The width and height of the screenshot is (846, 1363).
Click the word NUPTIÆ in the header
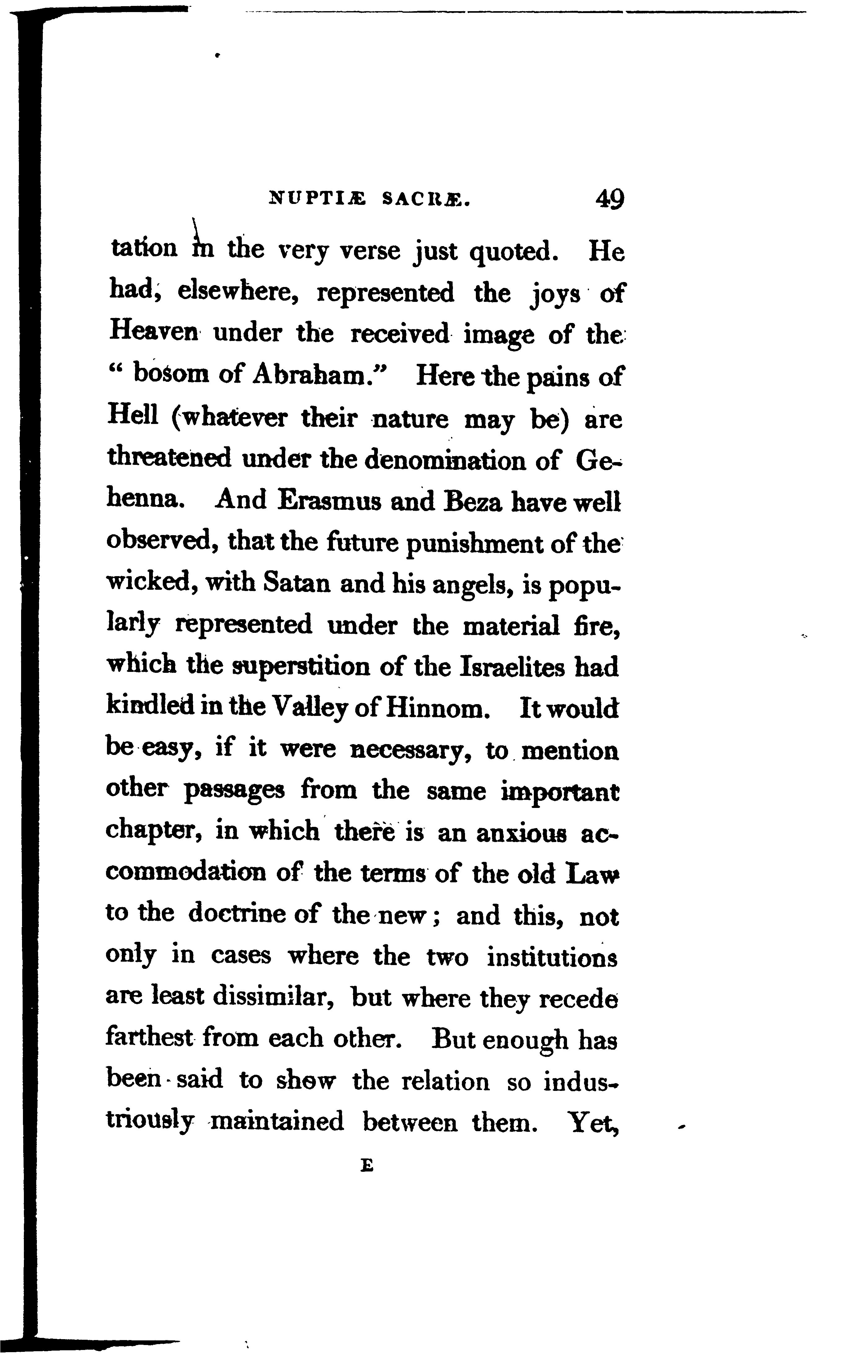(317, 199)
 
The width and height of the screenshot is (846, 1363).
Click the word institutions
(552, 956)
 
